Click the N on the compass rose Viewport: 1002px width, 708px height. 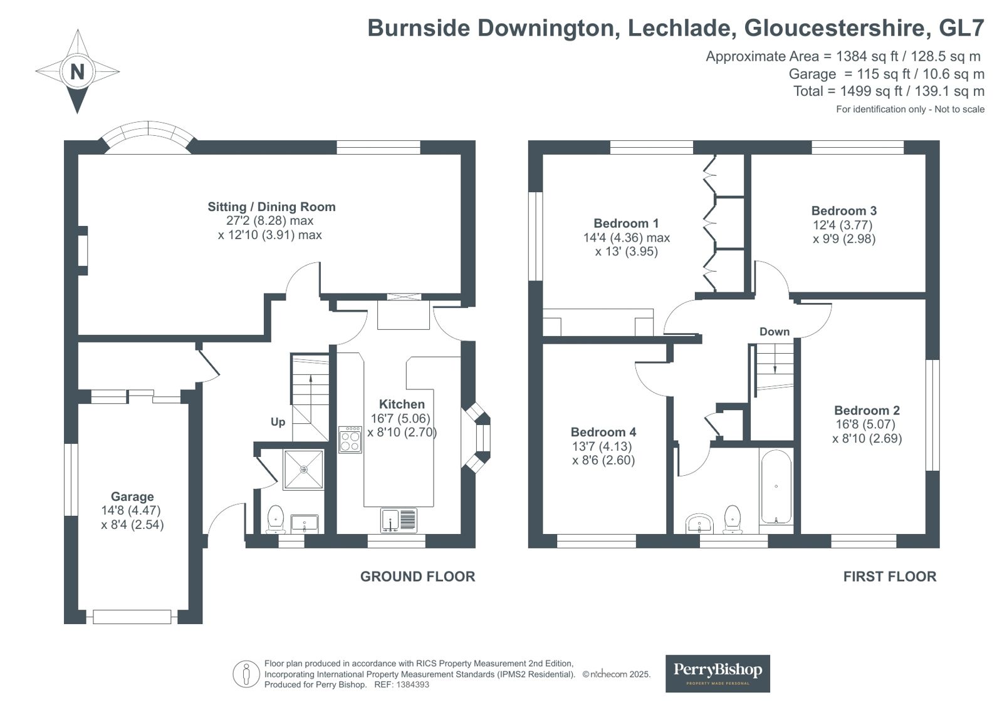(77, 71)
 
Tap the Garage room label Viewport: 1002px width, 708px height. (132, 496)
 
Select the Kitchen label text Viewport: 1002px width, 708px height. (402, 404)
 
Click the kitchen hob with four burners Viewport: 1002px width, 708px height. (350, 440)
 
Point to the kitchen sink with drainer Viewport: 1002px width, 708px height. (399, 520)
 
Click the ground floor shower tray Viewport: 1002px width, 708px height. (304, 469)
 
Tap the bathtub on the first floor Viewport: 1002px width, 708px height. (776, 487)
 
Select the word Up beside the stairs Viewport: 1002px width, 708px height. (278, 422)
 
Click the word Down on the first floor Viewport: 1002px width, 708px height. (775, 332)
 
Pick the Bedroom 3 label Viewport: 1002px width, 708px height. (843, 210)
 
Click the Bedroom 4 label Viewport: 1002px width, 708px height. (603, 432)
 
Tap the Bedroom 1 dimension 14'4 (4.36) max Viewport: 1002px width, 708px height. (626, 237)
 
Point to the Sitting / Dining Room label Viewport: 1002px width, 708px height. (271, 207)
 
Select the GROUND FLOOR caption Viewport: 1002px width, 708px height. (418, 577)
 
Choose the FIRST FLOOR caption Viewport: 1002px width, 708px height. (890, 577)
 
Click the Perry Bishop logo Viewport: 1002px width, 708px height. (718, 674)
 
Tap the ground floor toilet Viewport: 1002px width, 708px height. (276, 520)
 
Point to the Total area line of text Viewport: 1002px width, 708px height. (889, 91)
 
